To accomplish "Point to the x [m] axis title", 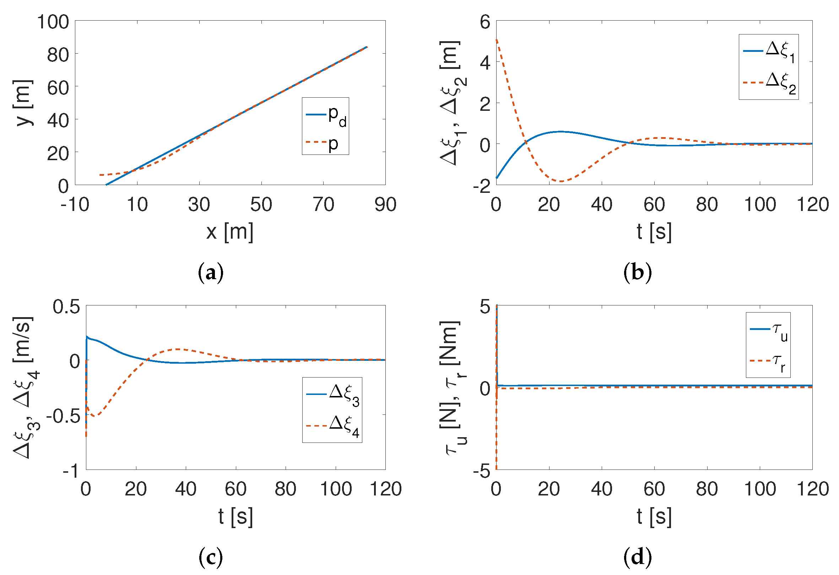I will click(230, 232).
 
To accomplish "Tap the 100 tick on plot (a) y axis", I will click(53, 22).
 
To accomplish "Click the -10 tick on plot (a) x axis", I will click(75, 205).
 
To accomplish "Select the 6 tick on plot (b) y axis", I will click(485, 22).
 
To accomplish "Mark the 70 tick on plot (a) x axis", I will click(324, 205).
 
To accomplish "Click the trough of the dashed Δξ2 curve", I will click(560, 181).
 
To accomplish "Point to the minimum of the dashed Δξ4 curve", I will click(94, 416).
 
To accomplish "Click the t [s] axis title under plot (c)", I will click(236, 516).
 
